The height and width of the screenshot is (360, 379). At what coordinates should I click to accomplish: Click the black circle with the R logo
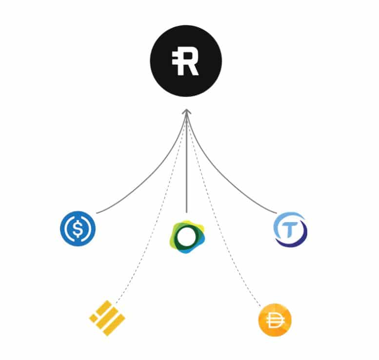coord(186,61)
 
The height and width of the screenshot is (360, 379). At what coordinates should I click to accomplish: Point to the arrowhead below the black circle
coord(187,112)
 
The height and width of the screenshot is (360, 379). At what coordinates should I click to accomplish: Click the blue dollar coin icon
coord(78,228)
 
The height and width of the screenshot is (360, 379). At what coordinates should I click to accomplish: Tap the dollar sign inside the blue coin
coord(78,228)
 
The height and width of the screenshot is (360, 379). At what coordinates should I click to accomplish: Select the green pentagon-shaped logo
coord(187,237)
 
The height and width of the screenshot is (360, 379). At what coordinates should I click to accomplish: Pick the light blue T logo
coord(291,229)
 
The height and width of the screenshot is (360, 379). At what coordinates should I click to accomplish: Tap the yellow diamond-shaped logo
coord(107,318)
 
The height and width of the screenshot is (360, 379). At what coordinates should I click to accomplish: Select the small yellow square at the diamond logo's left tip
coord(93,318)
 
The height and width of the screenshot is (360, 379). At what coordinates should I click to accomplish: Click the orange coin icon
coord(275,320)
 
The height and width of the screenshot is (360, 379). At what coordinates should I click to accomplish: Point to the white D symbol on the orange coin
coord(275,321)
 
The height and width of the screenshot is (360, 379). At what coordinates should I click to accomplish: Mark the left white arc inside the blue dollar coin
coord(67,228)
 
